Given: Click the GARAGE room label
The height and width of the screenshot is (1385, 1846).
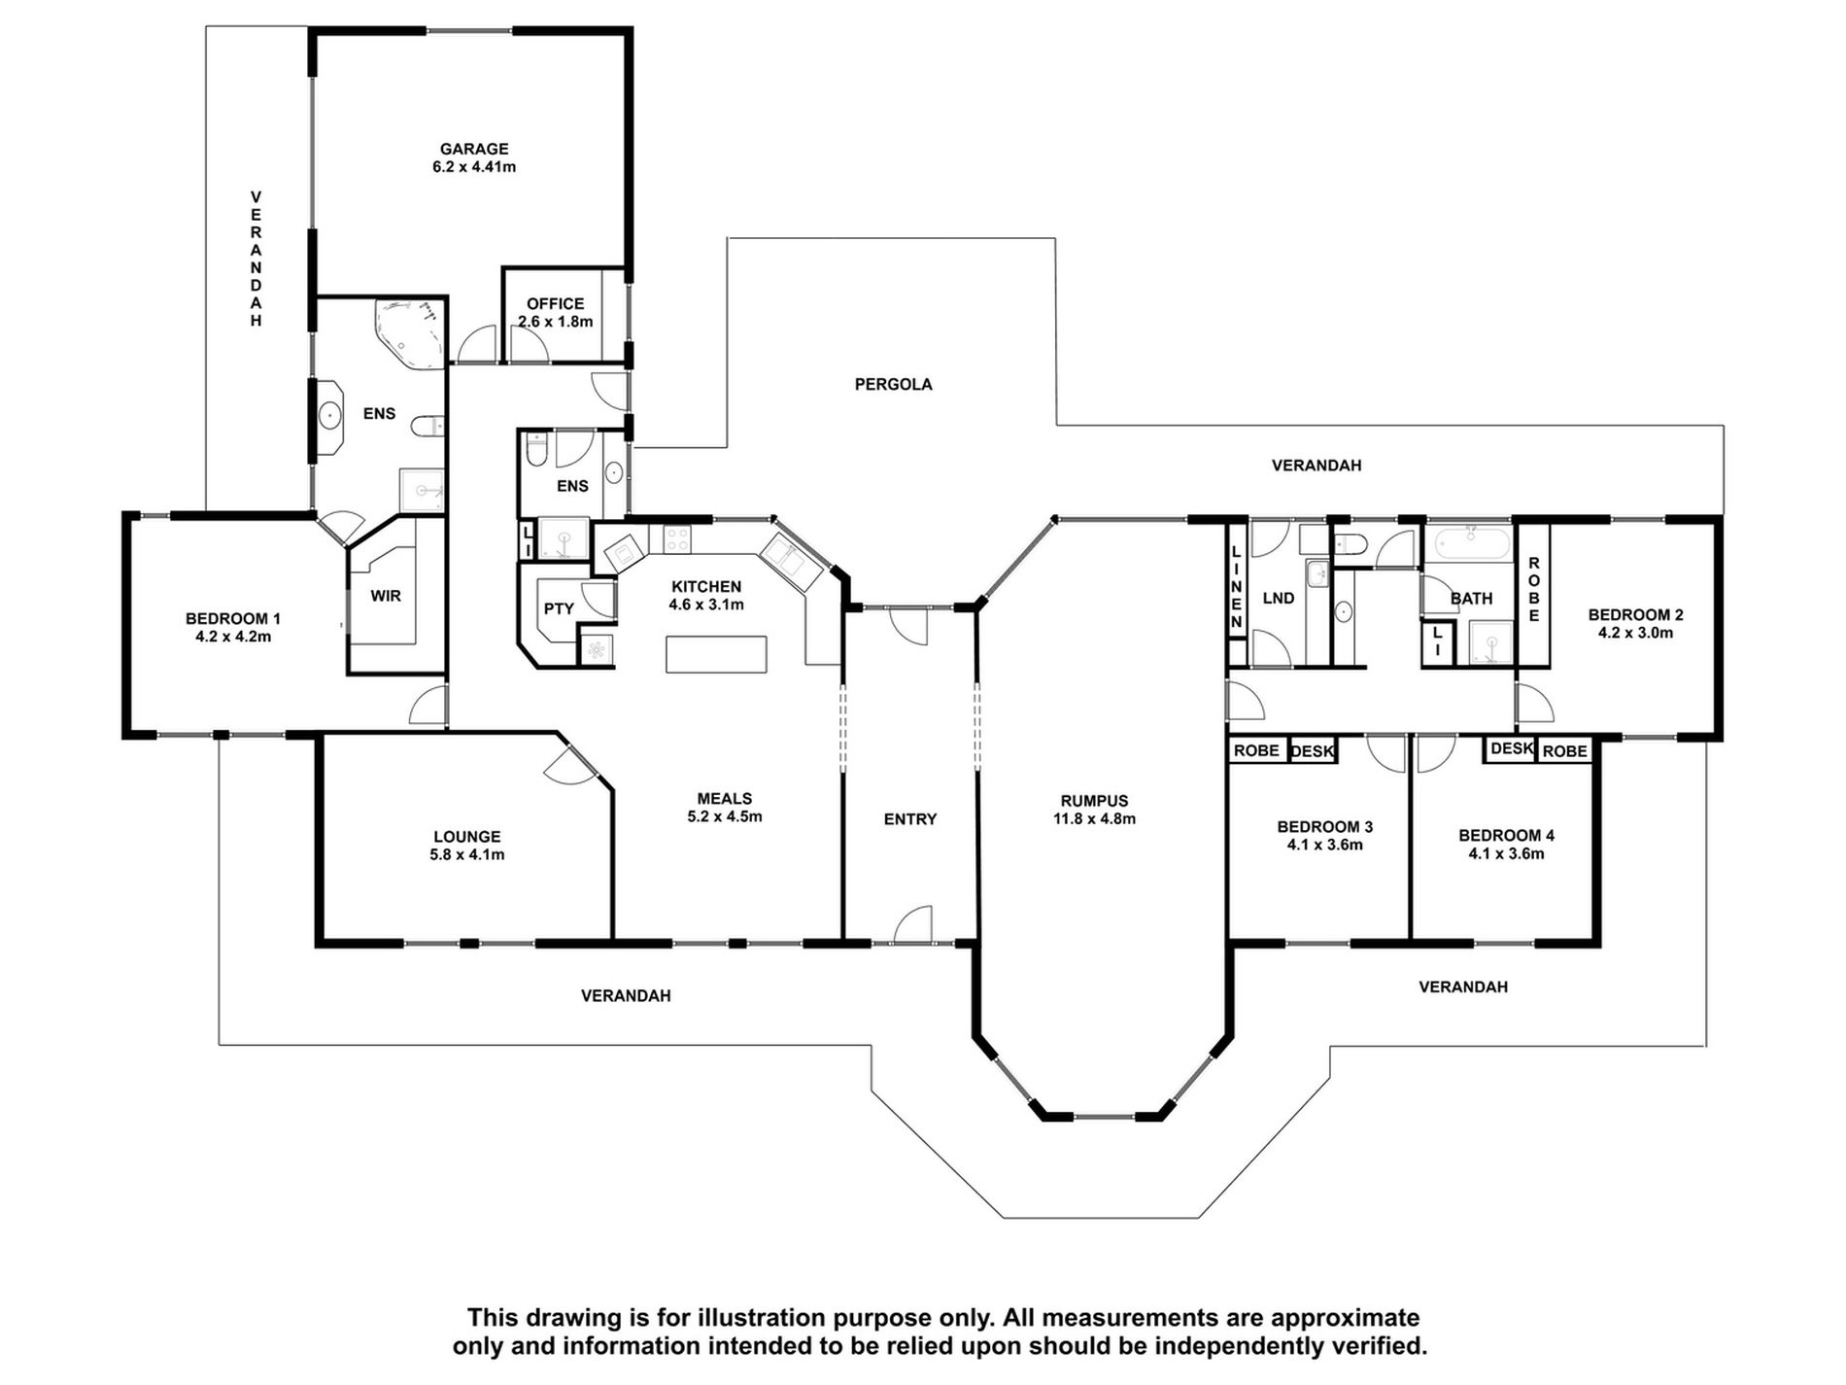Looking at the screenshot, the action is (x=474, y=149).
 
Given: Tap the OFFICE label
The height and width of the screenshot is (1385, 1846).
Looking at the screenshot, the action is (x=556, y=304).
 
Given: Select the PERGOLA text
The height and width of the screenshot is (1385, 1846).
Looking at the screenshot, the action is (x=893, y=385).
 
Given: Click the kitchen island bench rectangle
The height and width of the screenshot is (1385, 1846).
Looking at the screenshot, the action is (x=716, y=654).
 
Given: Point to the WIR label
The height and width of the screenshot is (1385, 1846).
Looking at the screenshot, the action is (x=386, y=596).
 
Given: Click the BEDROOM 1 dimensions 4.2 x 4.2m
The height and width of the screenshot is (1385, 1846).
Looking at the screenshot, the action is (x=233, y=637).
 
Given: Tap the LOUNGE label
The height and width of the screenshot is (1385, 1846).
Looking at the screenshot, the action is (x=467, y=837).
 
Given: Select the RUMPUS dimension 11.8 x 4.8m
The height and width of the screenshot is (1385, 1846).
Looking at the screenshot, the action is (x=1094, y=818).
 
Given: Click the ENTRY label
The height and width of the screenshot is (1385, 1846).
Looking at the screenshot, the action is (x=910, y=819).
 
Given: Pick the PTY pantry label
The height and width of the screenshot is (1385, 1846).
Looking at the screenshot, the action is (x=559, y=609).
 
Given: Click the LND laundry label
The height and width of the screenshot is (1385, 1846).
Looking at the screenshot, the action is (x=1279, y=599).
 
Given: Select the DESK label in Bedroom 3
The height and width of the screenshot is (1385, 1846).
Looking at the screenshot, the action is (x=1313, y=751).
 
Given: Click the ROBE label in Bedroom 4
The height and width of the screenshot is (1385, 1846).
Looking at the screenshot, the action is (x=1564, y=751).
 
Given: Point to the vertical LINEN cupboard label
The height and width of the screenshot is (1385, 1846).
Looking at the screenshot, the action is (x=1237, y=586).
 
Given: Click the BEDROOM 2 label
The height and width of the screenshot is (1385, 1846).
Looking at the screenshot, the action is (x=1636, y=615).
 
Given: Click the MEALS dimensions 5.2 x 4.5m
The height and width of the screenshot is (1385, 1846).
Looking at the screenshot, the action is (x=725, y=816).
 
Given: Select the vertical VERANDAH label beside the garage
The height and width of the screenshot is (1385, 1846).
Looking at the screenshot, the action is (x=256, y=259).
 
